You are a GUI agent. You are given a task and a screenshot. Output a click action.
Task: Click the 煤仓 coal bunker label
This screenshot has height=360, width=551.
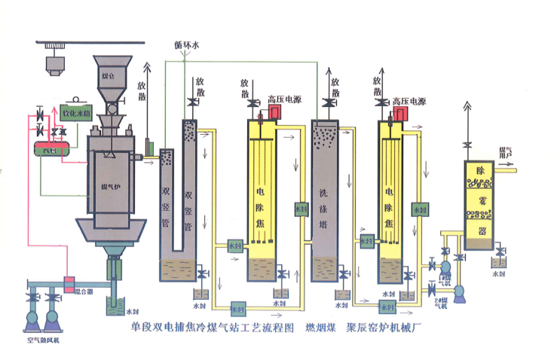(109, 76)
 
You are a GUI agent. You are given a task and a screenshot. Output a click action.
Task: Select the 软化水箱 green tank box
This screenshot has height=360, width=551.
(76, 117)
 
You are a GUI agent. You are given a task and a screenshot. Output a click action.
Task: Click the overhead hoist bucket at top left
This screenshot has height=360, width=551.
(53, 66)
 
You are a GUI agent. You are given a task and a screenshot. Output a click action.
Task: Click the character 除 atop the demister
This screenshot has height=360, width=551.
(479, 172)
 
